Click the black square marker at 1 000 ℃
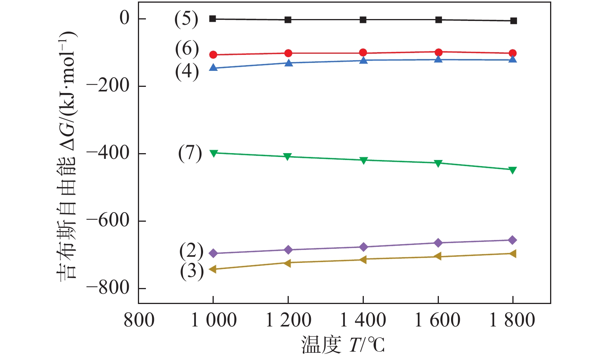click(x=213, y=19)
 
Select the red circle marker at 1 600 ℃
click(x=438, y=52)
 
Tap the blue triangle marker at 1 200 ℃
click(x=289, y=63)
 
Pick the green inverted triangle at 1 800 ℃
click(x=513, y=170)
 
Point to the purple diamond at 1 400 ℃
click(x=363, y=247)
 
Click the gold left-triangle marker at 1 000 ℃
click(x=213, y=269)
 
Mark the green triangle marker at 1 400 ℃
click(x=363, y=160)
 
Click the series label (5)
click(x=186, y=19)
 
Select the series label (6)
click(x=187, y=49)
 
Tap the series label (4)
click(x=187, y=72)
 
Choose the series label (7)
click(x=190, y=153)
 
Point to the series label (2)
click(x=191, y=251)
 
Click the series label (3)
click(x=192, y=271)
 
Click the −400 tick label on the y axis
click(x=108, y=153)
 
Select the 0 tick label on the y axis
click(x=125, y=18)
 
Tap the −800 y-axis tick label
click(x=108, y=288)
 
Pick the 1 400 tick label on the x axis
click(x=363, y=320)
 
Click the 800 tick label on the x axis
click(x=139, y=320)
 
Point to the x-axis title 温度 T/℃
click(x=343, y=345)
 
